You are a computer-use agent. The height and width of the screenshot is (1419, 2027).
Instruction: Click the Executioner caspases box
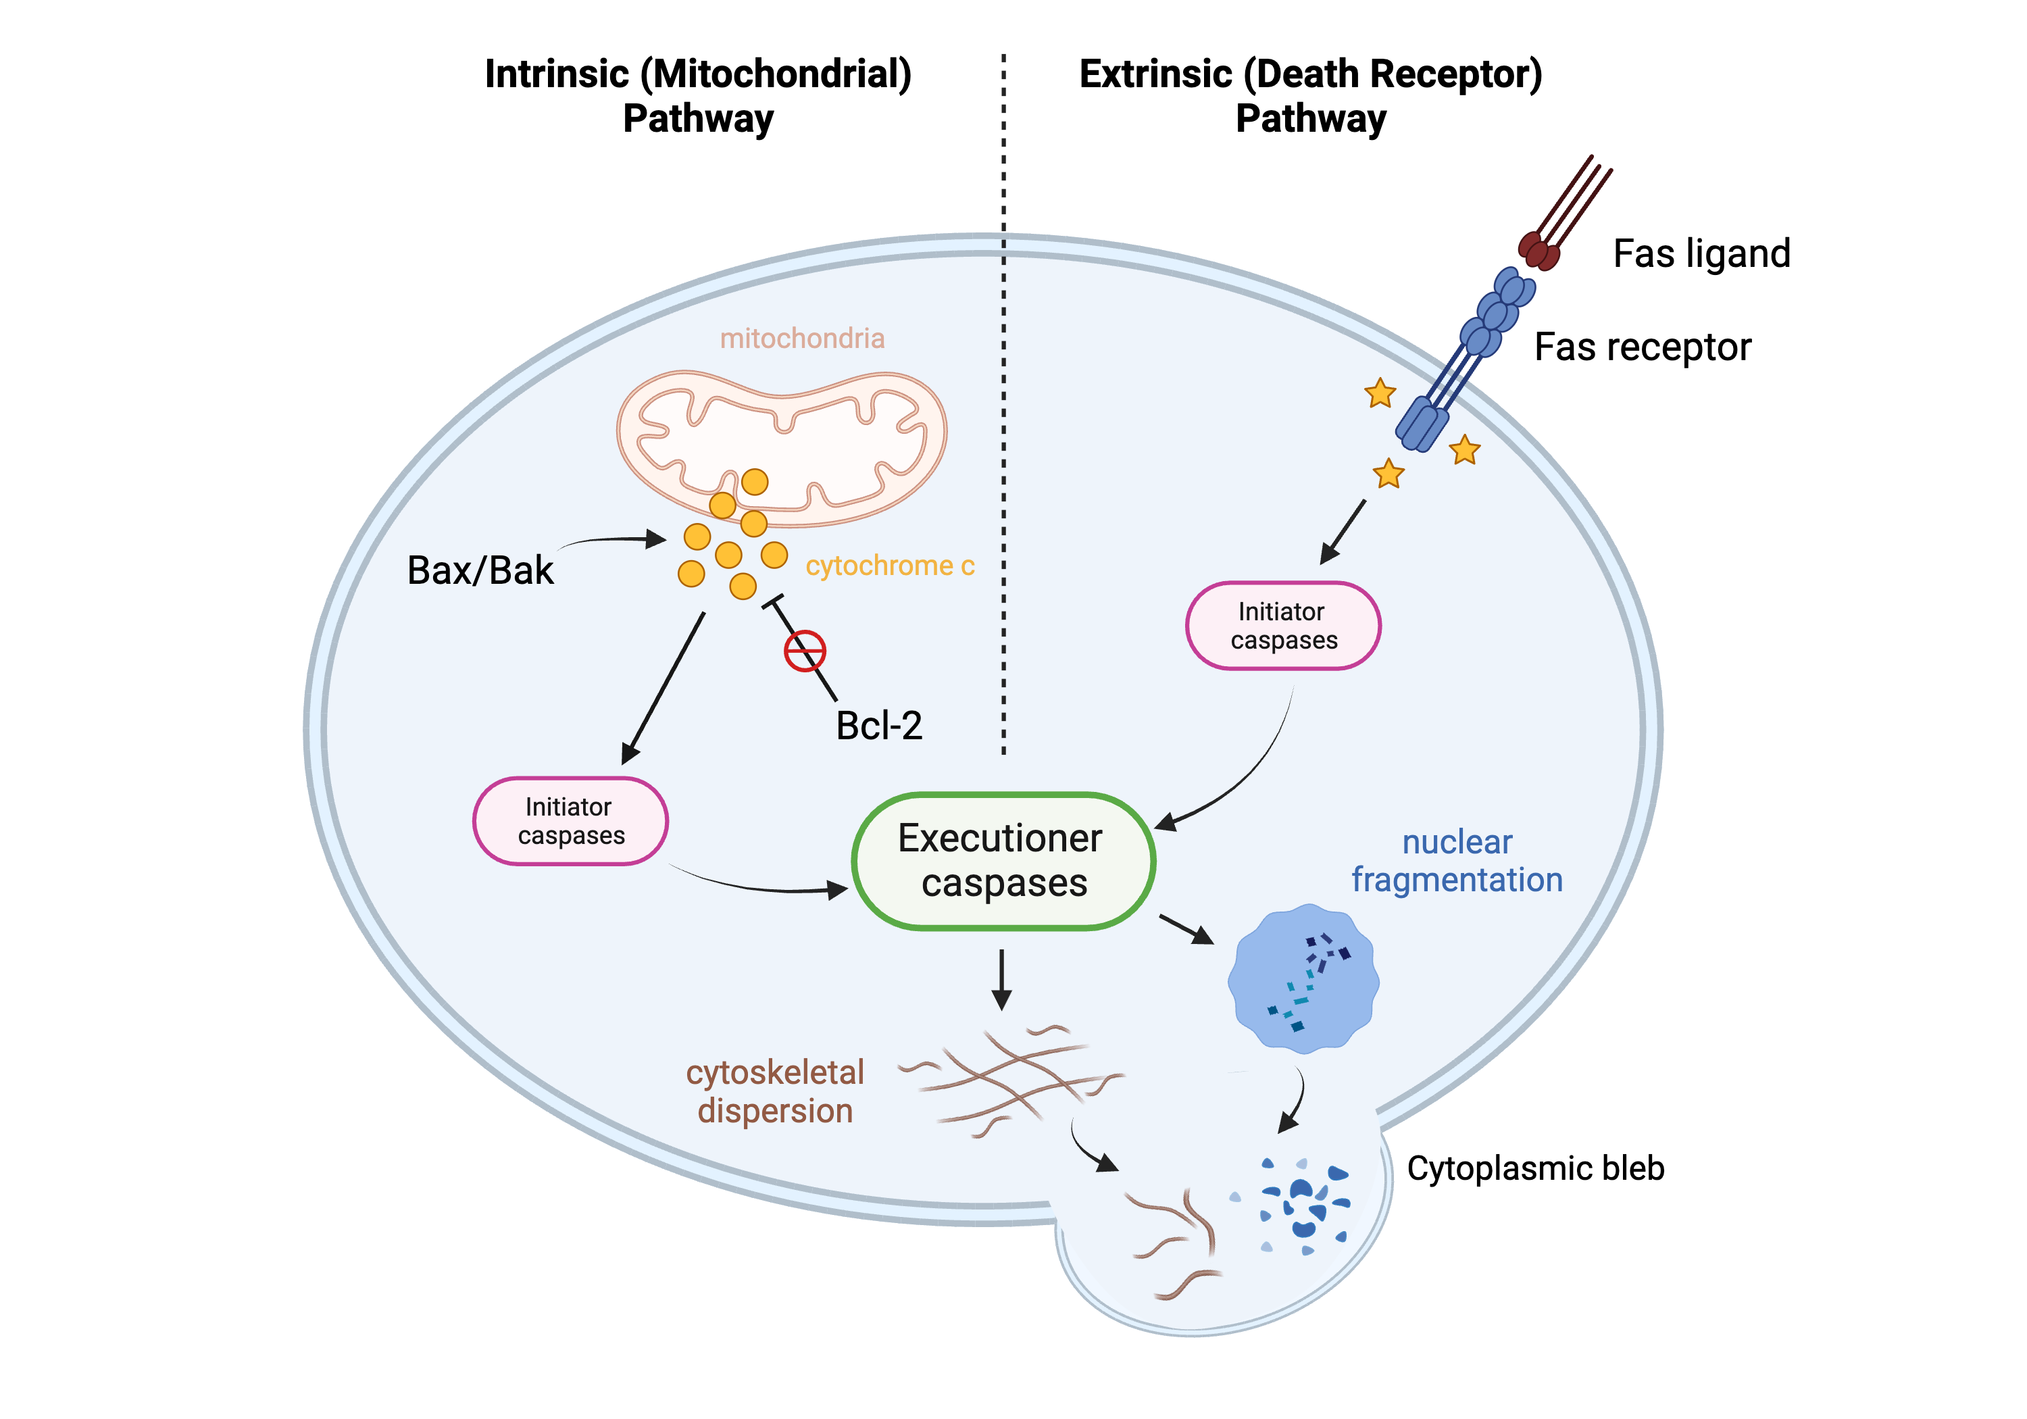coord(1003,861)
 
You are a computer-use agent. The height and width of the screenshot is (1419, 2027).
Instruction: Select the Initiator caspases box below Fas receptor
coord(1283,625)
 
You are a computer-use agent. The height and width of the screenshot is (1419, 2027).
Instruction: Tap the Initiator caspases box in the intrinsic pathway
coord(570,820)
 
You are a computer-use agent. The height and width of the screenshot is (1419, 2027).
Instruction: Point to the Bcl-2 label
coord(879,726)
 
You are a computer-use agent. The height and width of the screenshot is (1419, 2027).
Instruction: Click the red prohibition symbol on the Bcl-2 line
coord(804,651)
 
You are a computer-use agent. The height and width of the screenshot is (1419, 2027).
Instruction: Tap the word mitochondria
coord(801,338)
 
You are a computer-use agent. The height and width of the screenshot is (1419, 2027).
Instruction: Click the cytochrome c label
coord(889,565)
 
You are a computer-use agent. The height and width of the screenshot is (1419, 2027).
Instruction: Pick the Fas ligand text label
coord(1701,253)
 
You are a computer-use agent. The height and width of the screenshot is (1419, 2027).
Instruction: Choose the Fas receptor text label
coord(1642,347)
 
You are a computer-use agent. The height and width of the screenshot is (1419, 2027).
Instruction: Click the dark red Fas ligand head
coord(1538,250)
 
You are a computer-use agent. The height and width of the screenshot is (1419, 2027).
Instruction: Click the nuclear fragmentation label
coord(1457,861)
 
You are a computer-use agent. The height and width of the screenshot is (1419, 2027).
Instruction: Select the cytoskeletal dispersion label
coord(775,1091)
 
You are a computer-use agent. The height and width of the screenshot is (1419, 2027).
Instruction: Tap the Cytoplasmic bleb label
coord(1535,1168)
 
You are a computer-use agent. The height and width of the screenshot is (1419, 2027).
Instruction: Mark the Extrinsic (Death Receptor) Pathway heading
coord(1310,95)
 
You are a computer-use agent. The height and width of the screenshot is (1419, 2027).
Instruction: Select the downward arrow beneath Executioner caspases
coord(1001,980)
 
